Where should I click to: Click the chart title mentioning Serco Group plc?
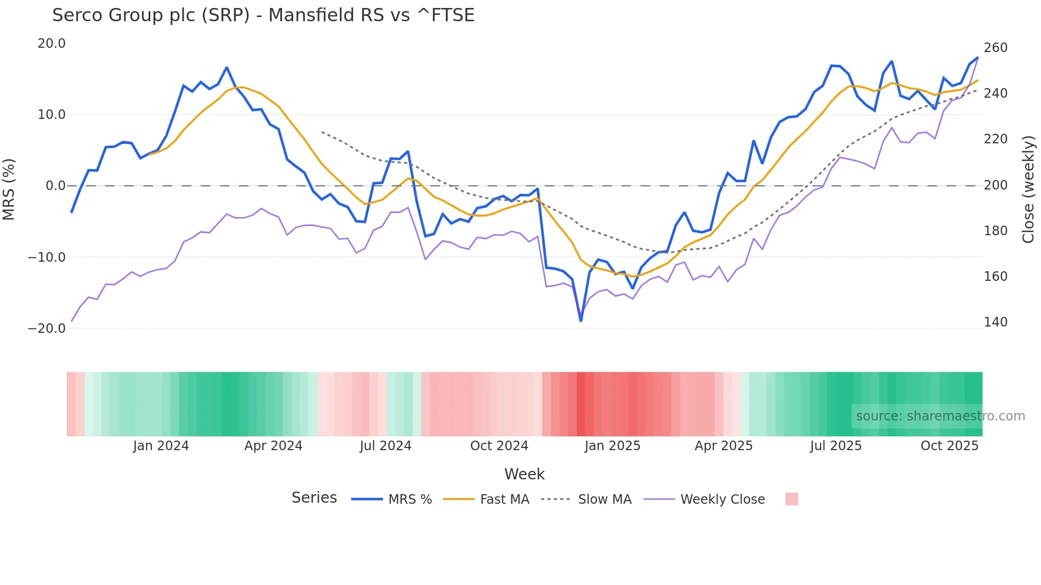point(263,15)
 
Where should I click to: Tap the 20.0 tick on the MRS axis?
point(52,44)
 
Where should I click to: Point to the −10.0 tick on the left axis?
point(47,257)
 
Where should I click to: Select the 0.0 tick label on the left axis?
point(56,186)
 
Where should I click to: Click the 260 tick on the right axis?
point(995,48)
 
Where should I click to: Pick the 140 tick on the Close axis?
point(995,322)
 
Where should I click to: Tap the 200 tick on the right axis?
point(995,185)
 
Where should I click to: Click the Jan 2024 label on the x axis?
point(161,446)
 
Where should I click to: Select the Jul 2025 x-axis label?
point(835,446)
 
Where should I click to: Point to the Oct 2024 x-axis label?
point(499,446)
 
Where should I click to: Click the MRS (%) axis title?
point(9,189)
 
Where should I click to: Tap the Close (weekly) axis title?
point(1029,189)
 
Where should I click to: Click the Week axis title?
point(524,474)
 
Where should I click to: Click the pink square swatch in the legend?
point(791,499)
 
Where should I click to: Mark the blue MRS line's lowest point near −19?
point(581,321)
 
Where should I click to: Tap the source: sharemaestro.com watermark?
point(940,416)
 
